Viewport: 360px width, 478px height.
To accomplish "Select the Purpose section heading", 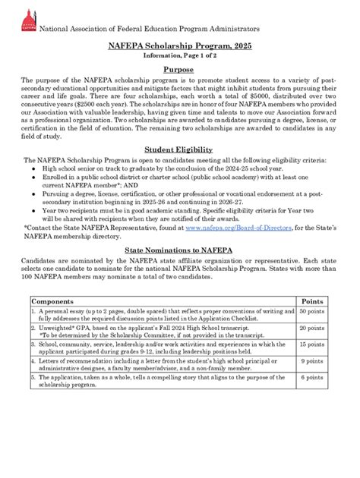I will [x=180, y=69].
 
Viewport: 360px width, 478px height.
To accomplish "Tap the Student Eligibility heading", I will [x=180, y=149].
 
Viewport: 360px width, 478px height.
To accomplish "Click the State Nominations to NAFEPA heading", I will [x=180, y=249].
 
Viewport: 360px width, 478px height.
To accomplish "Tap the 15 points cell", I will [x=313, y=344].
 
